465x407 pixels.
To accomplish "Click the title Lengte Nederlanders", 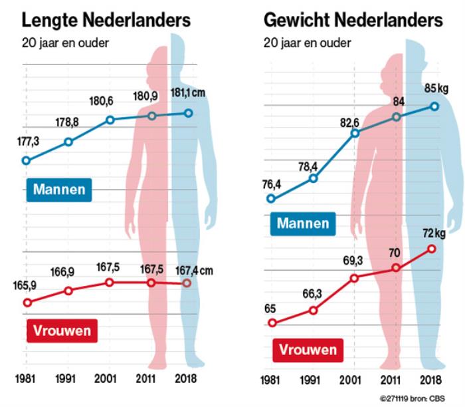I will [x=97, y=20].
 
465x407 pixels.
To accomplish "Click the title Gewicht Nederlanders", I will [x=353, y=20].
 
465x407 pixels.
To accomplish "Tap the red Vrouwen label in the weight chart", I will [x=308, y=349].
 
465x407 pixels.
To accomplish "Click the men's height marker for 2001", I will [x=111, y=120].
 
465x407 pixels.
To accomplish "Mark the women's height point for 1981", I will [x=27, y=303].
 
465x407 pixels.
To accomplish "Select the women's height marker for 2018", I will [x=187, y=283].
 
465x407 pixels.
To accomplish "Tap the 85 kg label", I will [x=436, y=87].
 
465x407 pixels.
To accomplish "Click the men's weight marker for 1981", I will [x=270, y=198].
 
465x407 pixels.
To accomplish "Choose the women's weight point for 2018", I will [x=432, y=249].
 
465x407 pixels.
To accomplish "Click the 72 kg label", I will [x=436, y=233].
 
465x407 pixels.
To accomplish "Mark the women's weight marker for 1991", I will [x=313, y=311].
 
